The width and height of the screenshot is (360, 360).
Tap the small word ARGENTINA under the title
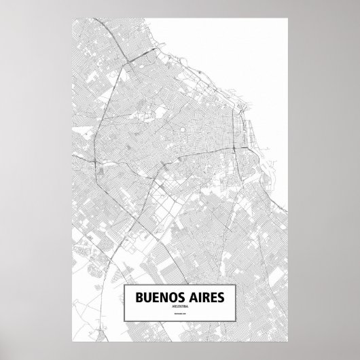click(180, 306)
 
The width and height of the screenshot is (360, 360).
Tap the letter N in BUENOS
click(165, 297)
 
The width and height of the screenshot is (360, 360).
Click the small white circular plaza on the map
click(183, 127)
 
